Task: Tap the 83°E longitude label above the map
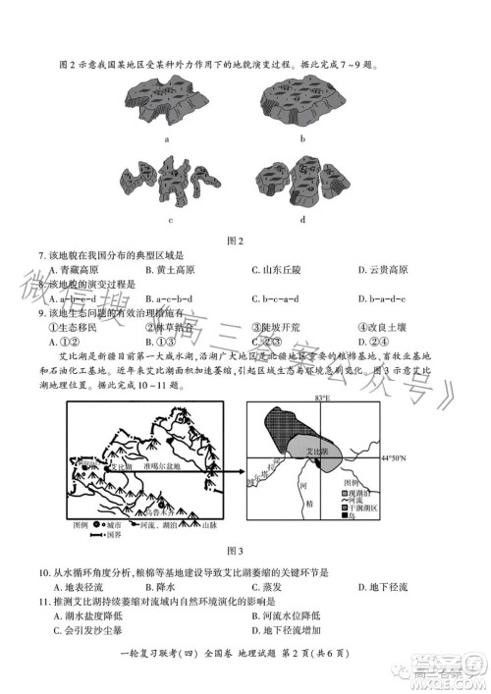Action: pyautogui.click(x=321, y=400)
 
